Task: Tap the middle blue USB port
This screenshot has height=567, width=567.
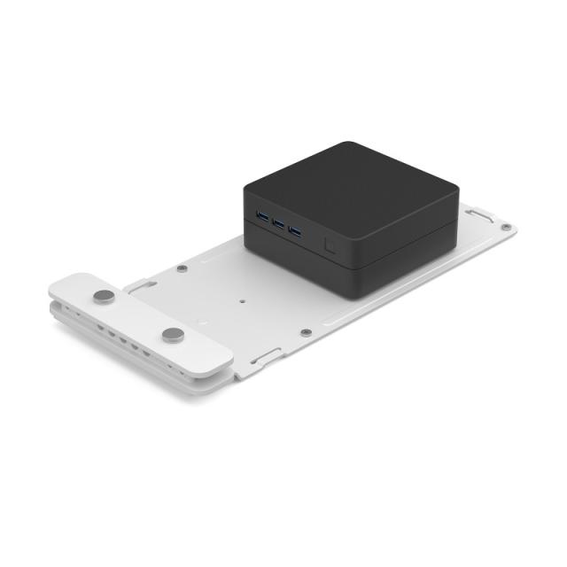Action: pos(277,223)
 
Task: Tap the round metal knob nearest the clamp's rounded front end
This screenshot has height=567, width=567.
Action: pos(174,334)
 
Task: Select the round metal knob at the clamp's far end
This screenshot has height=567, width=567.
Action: pos(105,296)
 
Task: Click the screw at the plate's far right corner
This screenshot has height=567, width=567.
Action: pos(505,228)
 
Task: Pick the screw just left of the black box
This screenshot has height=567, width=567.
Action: pos(182,268)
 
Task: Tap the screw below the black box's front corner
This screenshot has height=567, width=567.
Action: pos(306,332)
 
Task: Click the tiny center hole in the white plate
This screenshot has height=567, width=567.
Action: pos(241,299)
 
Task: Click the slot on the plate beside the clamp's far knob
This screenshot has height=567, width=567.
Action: pos(142,285)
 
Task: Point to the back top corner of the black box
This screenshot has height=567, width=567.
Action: pos(350,144)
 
